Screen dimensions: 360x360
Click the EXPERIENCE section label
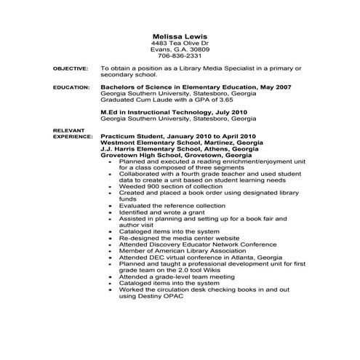pos(72,136)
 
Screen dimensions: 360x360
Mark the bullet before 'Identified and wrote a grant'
pos(109,212)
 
